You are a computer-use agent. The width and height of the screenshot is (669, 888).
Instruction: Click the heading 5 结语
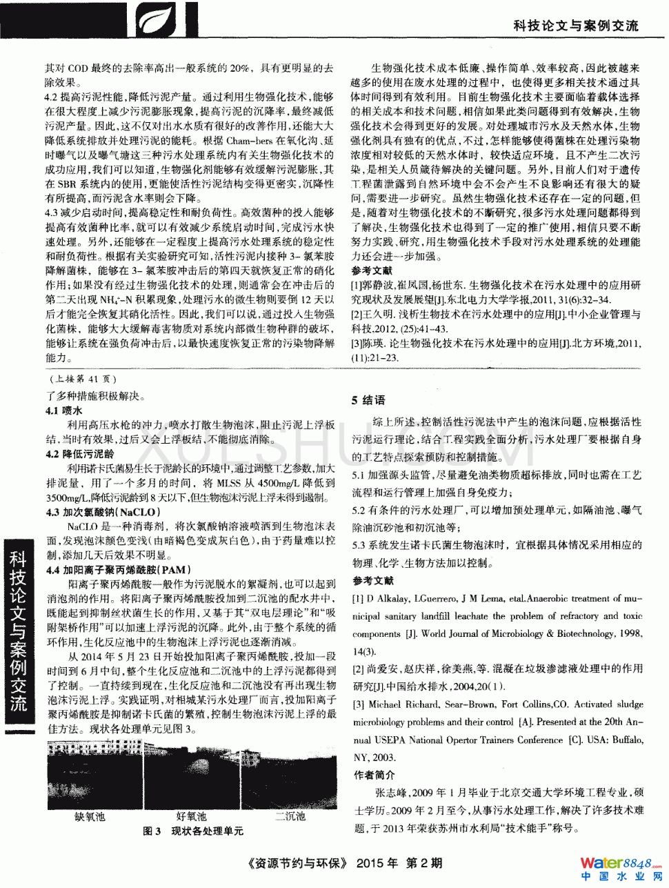pos(368,400)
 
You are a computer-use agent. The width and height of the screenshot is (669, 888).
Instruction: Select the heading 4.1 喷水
pos(63,411)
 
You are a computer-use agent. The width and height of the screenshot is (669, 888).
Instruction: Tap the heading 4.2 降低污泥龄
pos(80,454)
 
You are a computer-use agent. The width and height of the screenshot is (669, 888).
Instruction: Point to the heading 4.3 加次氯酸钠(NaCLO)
pos(103,512)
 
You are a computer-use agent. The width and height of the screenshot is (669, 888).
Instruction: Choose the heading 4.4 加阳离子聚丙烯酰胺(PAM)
pos(117,570)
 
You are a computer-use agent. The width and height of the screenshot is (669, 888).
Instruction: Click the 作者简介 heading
pos(374,775)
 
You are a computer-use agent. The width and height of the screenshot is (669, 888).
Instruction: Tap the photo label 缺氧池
pos(90,817)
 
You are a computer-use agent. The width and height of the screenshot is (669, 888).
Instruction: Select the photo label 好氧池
pos(191,817)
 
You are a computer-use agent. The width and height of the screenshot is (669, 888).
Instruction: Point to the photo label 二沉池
pos(290,817)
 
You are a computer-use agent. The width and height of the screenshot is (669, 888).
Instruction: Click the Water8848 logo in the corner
pos(616,868)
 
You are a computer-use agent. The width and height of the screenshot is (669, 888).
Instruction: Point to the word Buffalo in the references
pos(623,740)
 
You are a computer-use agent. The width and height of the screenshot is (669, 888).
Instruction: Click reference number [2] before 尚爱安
pos(358,669)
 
